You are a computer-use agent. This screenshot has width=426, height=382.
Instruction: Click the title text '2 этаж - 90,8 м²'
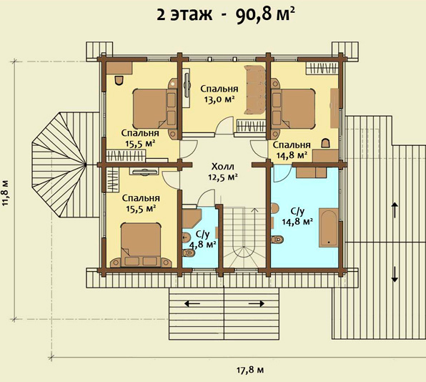226,14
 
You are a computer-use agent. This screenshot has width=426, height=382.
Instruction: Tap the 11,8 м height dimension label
6,190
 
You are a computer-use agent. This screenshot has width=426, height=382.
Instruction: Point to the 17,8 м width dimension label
250,370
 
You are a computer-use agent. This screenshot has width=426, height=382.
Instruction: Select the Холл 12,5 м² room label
223,172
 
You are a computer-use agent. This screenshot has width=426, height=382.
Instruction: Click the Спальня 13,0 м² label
219,94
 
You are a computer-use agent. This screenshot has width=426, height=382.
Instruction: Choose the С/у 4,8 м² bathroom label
203,240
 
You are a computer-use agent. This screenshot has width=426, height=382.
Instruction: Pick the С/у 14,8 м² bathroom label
297,217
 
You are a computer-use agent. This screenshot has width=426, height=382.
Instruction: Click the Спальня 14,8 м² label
292,150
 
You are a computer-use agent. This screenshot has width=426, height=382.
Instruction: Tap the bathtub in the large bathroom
329,227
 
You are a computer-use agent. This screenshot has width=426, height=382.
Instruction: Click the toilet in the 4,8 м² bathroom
189,253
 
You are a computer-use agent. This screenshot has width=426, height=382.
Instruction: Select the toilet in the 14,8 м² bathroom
277,240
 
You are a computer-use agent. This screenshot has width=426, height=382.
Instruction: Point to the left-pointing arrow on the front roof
192,303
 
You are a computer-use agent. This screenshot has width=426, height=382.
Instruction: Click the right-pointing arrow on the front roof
257,303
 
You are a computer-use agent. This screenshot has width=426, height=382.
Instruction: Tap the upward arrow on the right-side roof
395,210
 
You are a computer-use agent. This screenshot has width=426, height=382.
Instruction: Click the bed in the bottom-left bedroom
141,244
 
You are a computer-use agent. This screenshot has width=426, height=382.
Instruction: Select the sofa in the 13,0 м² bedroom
255,89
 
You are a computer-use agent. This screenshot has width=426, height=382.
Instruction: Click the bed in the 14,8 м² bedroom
294,108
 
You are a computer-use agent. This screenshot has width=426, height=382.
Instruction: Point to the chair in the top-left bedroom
119,80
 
